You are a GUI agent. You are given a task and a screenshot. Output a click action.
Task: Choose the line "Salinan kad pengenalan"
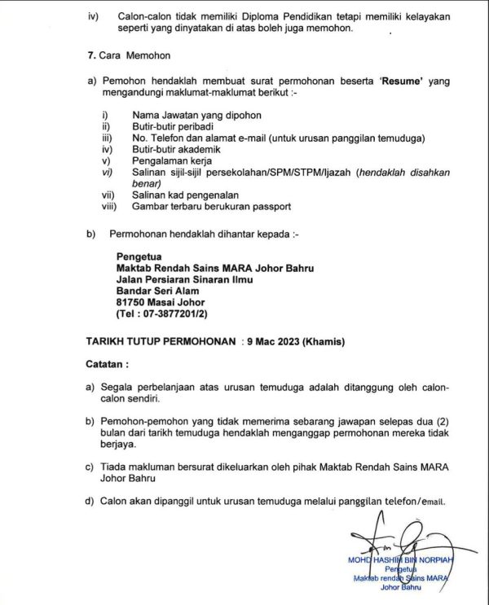[174, 196]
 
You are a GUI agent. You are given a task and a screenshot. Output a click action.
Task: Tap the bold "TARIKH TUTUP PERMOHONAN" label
[162, 344]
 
